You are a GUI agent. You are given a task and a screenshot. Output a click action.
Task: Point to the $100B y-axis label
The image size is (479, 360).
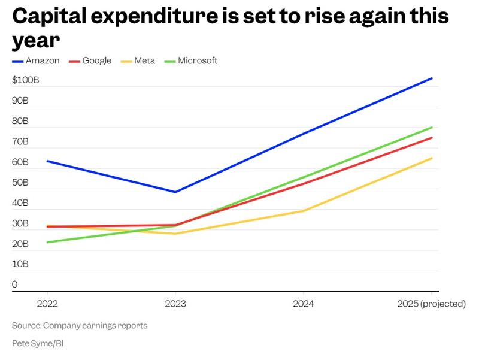pyautogui.click(x=25, y=80)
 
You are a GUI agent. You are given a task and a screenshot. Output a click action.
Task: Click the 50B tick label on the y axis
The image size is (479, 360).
pyautogui.click(x=20, y=183)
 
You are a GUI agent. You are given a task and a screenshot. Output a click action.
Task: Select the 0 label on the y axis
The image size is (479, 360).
pyautogui.click(x=14, y=285)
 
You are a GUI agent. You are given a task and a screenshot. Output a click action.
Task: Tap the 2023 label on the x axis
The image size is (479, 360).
pyautogui.click(x=175, y=304)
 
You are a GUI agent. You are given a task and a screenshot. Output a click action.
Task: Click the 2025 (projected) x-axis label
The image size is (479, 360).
pyautogui.click(x=431, y=304)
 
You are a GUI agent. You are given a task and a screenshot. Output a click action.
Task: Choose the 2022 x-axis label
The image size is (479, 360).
pyautogui.click(x=47, y=304)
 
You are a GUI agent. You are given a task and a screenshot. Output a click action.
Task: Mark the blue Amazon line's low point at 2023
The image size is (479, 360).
pyautogui.click(x=175, y=192)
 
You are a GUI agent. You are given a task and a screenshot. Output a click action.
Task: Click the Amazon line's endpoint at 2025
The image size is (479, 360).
pyautogui.click(x=432, y=78)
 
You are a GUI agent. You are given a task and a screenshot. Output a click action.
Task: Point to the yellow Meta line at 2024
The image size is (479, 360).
pyautogui.click(x=304, y=211)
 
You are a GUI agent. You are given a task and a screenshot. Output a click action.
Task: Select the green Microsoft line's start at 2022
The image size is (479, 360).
pyautogui.click(x=47, y=242)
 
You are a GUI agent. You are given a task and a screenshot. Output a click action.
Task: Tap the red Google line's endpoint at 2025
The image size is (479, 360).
pyautogui.click(x=432, y=138)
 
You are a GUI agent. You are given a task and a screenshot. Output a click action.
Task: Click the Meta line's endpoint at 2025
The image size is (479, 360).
pyautogui.click(x=432, y=158)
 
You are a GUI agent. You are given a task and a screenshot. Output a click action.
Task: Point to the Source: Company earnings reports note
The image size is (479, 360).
pyautogui.click(x=80, y=326)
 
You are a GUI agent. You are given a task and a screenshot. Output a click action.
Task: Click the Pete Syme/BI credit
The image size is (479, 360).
pyautogui.click(x=37, y=343)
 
